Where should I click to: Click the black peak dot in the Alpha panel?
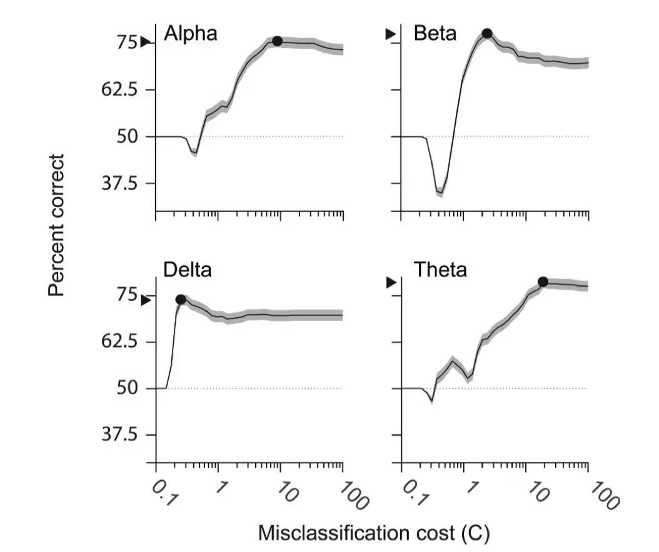pyautogui.click(x=277, y=41)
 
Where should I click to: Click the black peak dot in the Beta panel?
pyautogui.click(x=486, y=34)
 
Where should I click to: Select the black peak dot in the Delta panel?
pyautogui.click(x=181, y=300)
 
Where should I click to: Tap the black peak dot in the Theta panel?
pyautogui.click(x=543, y=282)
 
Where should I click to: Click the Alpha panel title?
pyautogui.click(x=191, y=33)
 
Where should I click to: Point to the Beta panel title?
pyautogui.click(x=435, y=33)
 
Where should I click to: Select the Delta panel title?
pyautogui.click(x=188, y=270)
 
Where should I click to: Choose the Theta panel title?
pyautogui.click(x=440, y=270)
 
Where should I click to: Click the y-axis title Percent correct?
pyautogui.click(x=57, y=226)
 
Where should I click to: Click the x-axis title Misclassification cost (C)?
pyautogui.click(x=374, y=533)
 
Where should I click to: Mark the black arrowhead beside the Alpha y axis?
pyautogui.click(x=145, y=42)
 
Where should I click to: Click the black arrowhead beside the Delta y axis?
pyautogui.click(x=145, y=300)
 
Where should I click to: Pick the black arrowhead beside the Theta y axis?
pyautogui.click(x=391, y=283)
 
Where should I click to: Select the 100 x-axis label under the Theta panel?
pyautogui.click(x=603, y=495)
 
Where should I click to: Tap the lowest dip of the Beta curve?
pyautogui.click(x=440, y=192)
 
